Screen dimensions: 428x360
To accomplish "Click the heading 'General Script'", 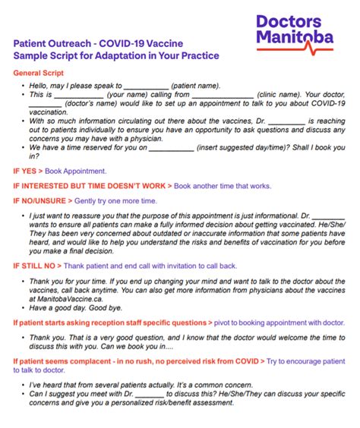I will point(39,73).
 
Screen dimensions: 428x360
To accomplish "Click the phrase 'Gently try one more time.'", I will point(116,200).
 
